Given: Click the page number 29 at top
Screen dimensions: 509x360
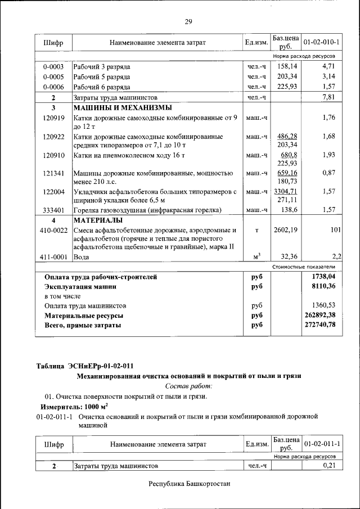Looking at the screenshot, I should point(188,22).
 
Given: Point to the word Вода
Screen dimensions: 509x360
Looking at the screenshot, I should point(82,256).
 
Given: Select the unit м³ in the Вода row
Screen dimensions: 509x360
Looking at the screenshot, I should point(256,256).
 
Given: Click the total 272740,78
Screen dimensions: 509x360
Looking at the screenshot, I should point(319,325).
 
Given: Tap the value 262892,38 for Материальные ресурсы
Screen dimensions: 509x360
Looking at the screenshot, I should point(319,315).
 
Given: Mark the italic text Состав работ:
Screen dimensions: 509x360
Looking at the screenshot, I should point(188,386).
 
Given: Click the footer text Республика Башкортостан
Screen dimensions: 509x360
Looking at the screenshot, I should point(190,484).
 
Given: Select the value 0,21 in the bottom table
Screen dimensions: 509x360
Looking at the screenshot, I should point(329,466).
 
